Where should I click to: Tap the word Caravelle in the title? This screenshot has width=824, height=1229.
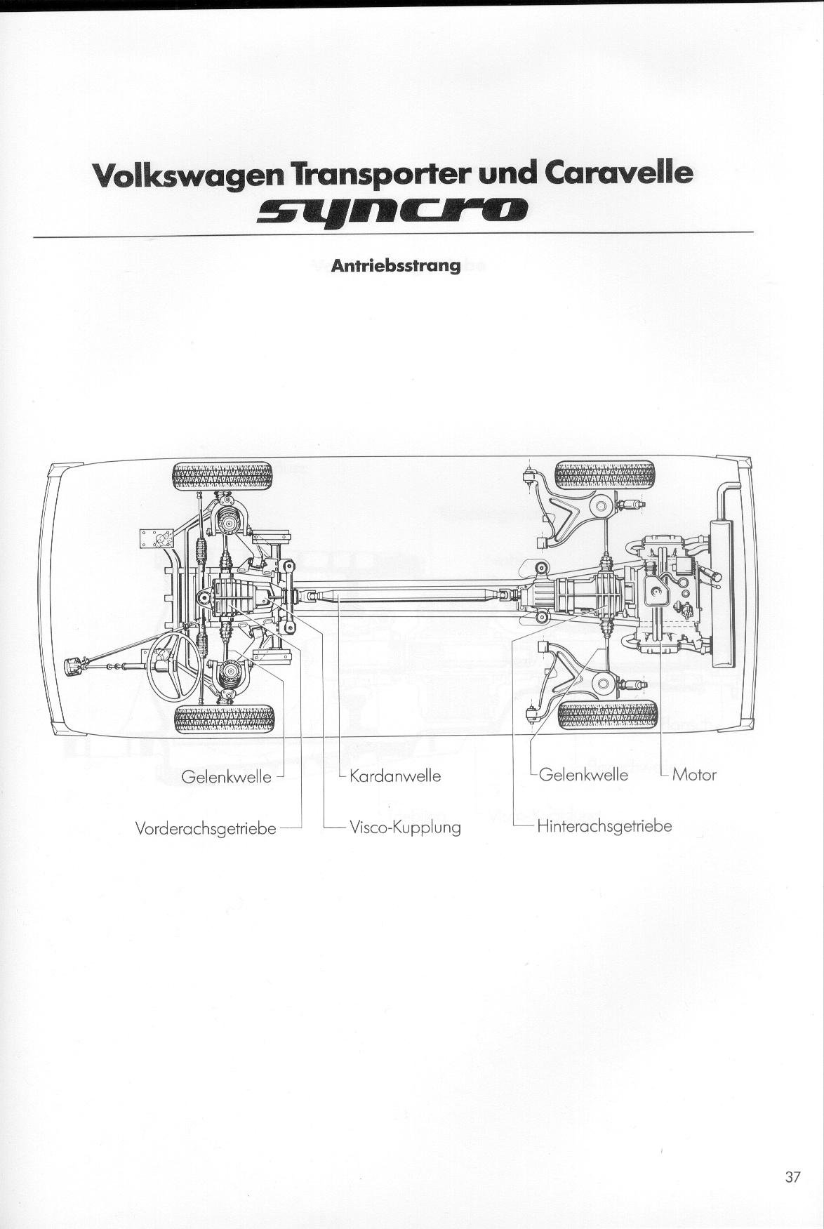tap(618, 173)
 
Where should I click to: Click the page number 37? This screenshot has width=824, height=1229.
tap(792, 1176)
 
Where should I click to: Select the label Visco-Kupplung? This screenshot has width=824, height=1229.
tap(405, 828)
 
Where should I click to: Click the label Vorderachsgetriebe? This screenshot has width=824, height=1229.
tap(206, 829)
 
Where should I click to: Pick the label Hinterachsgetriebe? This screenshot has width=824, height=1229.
tap(604, 826)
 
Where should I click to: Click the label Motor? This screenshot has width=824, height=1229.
tap(694, 775)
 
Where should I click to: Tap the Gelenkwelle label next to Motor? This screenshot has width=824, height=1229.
tap(583, 775)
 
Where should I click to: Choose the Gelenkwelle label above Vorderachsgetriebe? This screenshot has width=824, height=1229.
tap(226, 777)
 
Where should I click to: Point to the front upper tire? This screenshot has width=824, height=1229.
tap(222, 476)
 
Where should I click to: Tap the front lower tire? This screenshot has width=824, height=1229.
tap(224, 719)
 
